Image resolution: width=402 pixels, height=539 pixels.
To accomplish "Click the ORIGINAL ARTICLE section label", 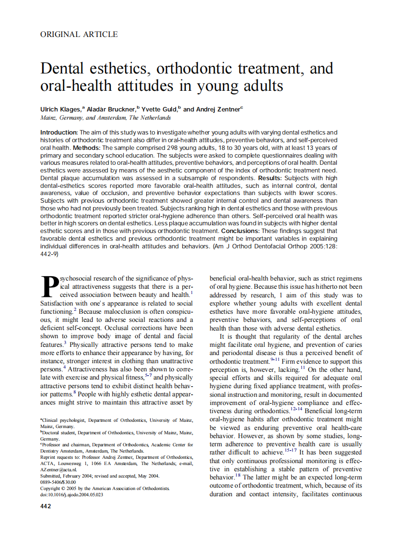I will click(x=79, y=34).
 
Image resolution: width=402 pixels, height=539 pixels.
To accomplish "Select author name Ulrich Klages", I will click(x=61, y=110).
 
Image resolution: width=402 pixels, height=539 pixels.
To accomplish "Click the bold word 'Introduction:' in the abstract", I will click(x=59, y=132).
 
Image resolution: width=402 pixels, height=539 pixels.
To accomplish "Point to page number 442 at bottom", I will click(x=46, y=506).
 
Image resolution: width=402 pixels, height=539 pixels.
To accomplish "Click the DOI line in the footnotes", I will click(x=71, y=494).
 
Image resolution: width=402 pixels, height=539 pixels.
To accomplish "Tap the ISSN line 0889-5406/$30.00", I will click(x=58, y=482).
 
